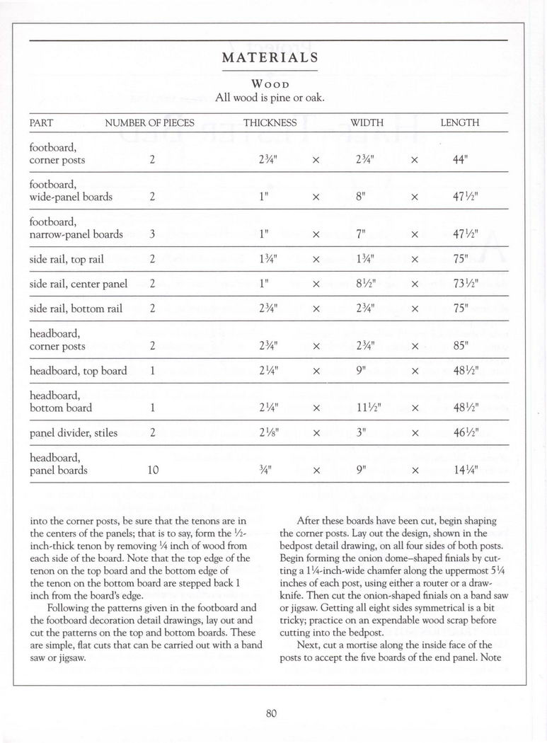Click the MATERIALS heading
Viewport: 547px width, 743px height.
269,58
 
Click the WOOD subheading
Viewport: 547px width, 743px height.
269,82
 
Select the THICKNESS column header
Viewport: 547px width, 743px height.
270,122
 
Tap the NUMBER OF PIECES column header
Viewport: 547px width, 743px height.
149,122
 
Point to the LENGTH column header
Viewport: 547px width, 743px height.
459,122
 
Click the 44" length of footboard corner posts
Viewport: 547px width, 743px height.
460,161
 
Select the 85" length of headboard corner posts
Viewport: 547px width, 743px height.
460,346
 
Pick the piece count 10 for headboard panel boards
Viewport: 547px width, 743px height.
154,469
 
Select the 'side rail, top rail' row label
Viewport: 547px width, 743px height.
67,259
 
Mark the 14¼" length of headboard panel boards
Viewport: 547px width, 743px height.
464,469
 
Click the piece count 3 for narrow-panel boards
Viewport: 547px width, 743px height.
152,234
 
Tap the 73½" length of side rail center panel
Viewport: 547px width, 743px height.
464,284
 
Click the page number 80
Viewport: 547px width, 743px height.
270,713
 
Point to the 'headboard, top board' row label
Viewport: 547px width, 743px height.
78,371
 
